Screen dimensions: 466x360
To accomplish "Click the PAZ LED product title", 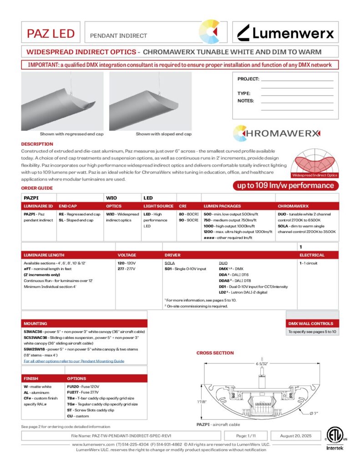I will click(51, 33).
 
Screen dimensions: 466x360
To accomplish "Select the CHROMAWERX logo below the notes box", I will click(277, 133).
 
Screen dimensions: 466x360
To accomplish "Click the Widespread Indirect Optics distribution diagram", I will click(314, 162).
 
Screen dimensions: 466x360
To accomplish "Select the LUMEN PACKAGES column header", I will click(222, 206).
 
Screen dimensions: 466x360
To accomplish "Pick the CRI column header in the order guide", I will click(183, 206).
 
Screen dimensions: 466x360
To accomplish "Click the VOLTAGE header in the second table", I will click(127, 255).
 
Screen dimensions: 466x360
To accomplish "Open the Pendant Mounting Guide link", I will click(74, 361).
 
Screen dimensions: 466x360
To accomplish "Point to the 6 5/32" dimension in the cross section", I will click(262, 364).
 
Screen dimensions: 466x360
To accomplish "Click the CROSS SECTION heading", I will click(215, 353).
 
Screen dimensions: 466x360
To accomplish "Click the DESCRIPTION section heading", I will click(37, 144).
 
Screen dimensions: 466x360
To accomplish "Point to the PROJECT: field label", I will click(248, 79).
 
